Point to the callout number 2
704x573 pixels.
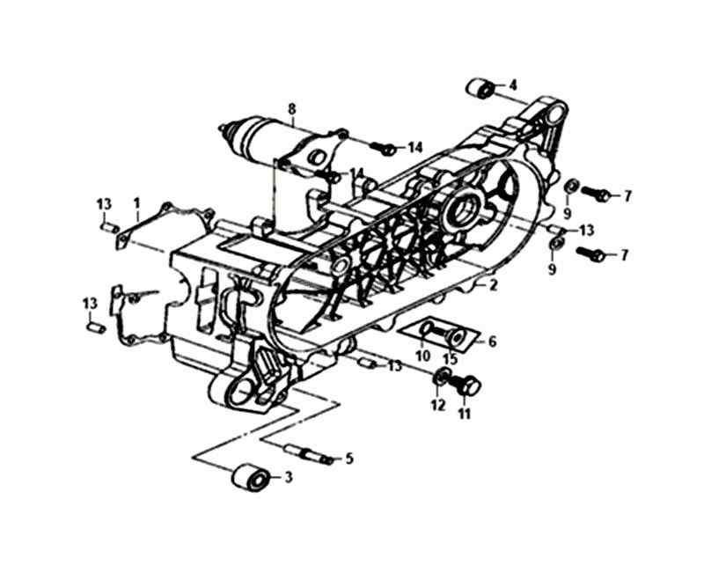pos(494,285)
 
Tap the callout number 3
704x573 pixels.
pos(289,477)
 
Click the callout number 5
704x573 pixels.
pos(349,459)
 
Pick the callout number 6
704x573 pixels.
pos(492,342)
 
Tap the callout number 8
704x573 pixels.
pos(292,108)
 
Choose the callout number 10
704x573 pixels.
pos(422,356)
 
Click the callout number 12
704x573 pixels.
pos(438,405)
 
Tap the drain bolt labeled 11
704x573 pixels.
pos(467,386)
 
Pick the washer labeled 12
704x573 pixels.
pos(443,377)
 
